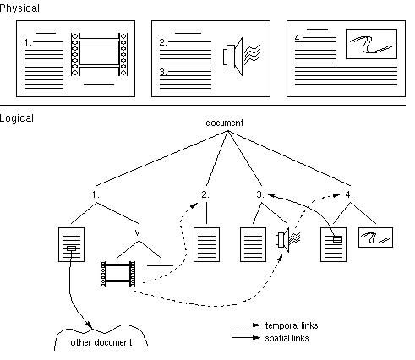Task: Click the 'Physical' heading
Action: (x=19, y=8)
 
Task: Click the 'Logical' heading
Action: (x=17, y=118)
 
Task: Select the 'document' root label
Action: (x=225, y=123)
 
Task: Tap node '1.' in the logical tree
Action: (x=96, y=194)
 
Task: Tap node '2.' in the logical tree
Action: (x=205, y=194)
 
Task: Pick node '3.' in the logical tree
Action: (x=260, y=194)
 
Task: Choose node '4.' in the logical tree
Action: (x=349, y=194)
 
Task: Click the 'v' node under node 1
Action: (x=137, y=232)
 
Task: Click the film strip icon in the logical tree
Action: (x=117, y=274)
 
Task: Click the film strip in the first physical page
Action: (x=99, y=54)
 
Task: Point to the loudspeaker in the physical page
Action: (x=242, y=57)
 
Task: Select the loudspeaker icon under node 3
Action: (x=287, y=240)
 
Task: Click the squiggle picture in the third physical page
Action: (x=371, y=44)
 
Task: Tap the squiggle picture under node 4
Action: (x=375, y=237)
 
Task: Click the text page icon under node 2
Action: (x=206, y=244)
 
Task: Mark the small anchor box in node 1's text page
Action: (x=71, y=248)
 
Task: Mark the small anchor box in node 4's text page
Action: (x=337, y=240)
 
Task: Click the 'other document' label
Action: (x=101, y=342)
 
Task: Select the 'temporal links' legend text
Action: (x=292, y=325)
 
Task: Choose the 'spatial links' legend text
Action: (x=287, y=338)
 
